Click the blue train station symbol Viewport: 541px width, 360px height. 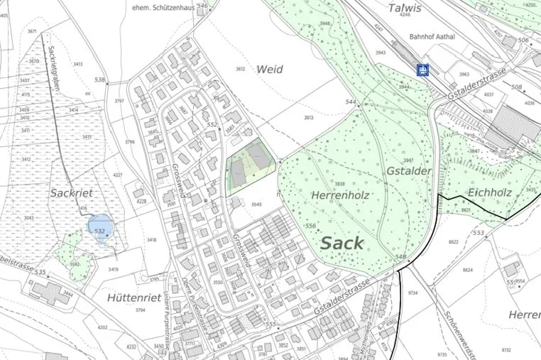(422, 70)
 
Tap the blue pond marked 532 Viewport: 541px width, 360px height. (100, 228)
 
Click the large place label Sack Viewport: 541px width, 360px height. (342, 243)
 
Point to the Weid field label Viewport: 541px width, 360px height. (269, 70)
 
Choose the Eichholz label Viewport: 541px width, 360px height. (491, 192)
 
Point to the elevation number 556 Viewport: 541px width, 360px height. (310, 226)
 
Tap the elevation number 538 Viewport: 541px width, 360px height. (99, 80)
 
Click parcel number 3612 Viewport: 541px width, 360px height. (239, 69)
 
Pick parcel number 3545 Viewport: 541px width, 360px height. (256, 204)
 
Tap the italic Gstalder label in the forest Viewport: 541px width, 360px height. (410, 173)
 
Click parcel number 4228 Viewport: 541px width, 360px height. (141, 202)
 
